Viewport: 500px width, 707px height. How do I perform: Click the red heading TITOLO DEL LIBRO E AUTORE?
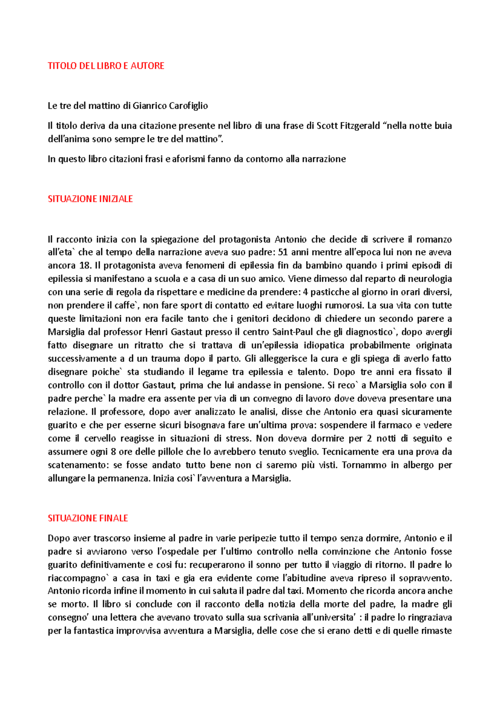pyautogui.click(x=106, y=66)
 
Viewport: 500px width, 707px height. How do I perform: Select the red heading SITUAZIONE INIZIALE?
pyautogui.click(x=90, y=199)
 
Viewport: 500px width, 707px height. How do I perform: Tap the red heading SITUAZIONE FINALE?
pyautogui.click(x=87, y=518)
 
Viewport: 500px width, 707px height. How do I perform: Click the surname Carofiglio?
pyautogui.click(x=188, y=106)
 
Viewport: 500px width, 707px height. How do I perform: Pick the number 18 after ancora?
pyautogui.click(x=83, y=266)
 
